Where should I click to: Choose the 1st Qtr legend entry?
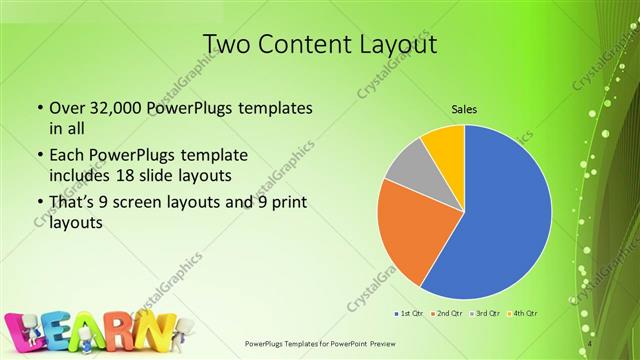click(411, 314)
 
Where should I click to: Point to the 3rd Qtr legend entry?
click(483, 314)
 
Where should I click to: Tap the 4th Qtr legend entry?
click(521, 314)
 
